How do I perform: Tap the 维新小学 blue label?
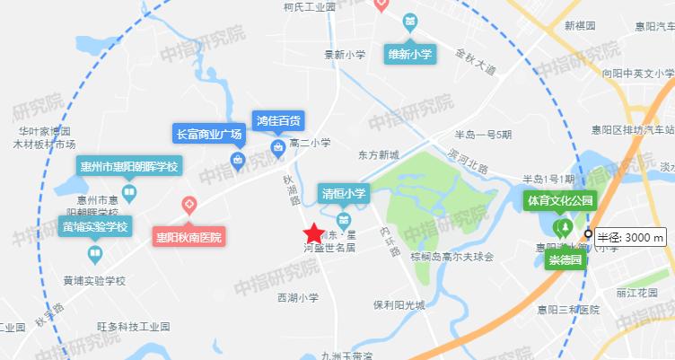click(x=409, y=54)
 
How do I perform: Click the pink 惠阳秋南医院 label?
click(x=188, y=238)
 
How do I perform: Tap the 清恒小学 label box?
click(x=344, y=194)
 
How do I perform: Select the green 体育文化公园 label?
click(x=560, y=198)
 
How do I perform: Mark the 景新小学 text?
click(x=345, y=55)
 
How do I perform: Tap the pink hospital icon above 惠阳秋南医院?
click(x=188, y=206)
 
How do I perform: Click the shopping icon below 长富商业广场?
click(x=238, y=161)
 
